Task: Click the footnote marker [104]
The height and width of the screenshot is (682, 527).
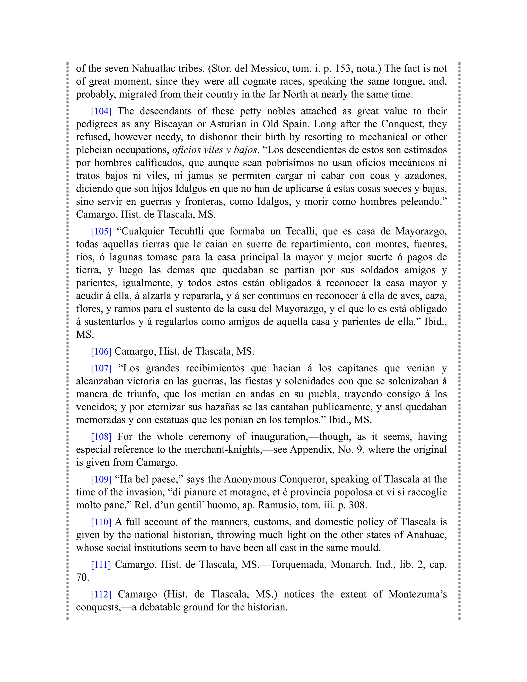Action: click(x=101, y=111)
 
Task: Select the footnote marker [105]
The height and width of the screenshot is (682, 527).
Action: click(x=101, y=231)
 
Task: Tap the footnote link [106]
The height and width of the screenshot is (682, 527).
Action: click(x=101, y=352)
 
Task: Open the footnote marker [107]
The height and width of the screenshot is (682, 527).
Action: click(x=101, y=368)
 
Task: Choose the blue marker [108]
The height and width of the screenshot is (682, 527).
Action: click(x=101, y=436)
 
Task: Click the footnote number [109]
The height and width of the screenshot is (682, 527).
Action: click(x=101, y=479)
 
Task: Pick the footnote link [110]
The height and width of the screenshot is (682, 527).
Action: click(x=101, y=522)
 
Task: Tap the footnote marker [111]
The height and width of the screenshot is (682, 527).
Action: click(x=101, y=565)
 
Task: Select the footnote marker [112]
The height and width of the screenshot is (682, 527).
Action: click(x=101, y=594)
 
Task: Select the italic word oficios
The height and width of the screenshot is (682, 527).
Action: click(x=186, y=150)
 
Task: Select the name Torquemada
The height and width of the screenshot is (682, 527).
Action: click(x=298, y=565)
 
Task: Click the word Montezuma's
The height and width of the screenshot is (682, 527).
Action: click(x=417, y=594)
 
